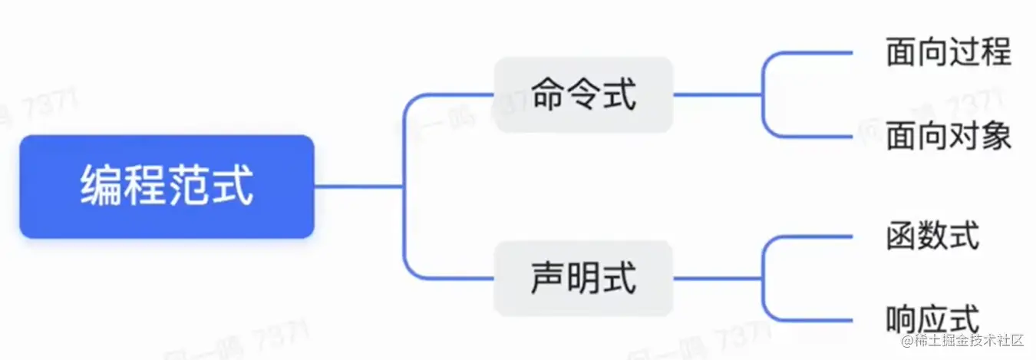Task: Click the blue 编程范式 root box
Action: coord(167,187)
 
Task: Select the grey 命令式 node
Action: coord(583,95)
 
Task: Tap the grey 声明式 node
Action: coord(583,278)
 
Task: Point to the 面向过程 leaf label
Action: coord(948,52)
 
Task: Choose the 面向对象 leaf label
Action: coord(948,137)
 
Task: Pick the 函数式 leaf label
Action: coord(932,236)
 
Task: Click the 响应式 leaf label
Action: coord(932,319)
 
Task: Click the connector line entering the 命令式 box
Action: coord(453,95)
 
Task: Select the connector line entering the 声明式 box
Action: coord(453,278)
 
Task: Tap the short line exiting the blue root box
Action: coord(357,187)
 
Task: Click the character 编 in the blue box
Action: coord(102,187)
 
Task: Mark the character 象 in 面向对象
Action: coord(995,137)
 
